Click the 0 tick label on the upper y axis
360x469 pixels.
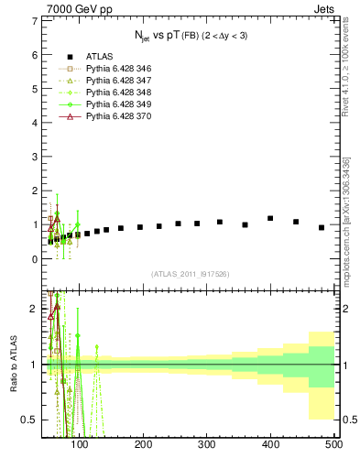pyautogui.click(x=33, y=259)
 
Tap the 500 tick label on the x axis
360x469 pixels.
pyautogui.click(x=333, y=445)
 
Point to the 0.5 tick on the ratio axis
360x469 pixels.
pyautogui.click(x=28, y=420)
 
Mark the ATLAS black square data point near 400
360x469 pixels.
pyautogui.click(x=270, y=218)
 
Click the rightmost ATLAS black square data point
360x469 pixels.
pyautogui.click(x=322, y=227)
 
